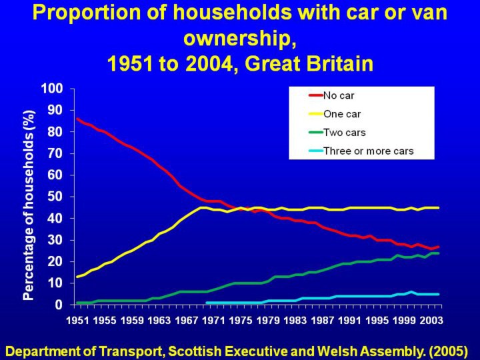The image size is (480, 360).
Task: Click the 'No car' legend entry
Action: [339, 95]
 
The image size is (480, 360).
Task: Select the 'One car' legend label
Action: [342, 114]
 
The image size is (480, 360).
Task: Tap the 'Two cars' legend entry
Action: [344, 132]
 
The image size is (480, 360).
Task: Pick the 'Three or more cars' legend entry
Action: [368, 151]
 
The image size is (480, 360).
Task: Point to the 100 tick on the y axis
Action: [52, 89]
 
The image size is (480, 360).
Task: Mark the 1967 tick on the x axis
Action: [186, 321]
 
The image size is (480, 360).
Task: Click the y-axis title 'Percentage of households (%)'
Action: [29, 205]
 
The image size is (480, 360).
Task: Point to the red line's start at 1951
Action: [77, 119]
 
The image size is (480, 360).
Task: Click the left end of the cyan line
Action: [207, 303]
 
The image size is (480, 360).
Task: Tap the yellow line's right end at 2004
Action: [439, 208]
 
